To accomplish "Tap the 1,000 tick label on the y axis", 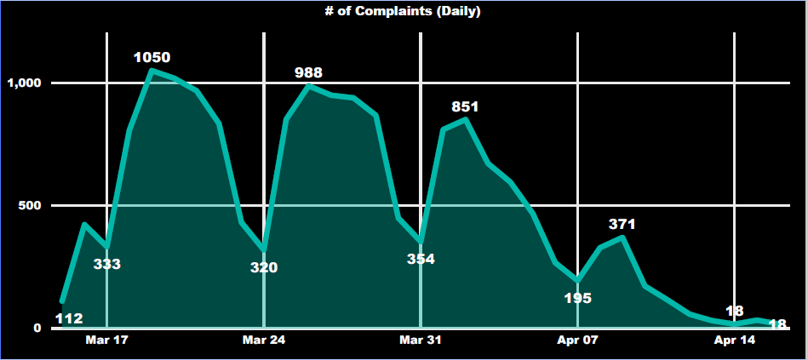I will coord(24,83).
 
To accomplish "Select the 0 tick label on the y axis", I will coord(37,328).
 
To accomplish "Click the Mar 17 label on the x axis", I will coord(107,340).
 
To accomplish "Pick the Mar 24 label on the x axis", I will coord(264,340).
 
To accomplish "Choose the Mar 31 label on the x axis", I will coord(421,340).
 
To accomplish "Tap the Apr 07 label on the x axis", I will coord(577,340).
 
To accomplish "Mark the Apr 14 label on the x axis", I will coord(734,340).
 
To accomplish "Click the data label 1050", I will coord(152,58).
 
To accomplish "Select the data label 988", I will coord(308,72).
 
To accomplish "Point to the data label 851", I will coord(465,106).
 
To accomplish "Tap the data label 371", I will coord(622,224).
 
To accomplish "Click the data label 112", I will coord(69,319).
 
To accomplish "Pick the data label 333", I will coord(106,264).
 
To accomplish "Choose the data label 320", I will coord(264,267).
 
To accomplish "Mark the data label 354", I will coord(421,259).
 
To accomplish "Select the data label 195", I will coord(577,298).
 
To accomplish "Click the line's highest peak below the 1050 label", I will coord(152,71).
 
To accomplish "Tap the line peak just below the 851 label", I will coord(465,119).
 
